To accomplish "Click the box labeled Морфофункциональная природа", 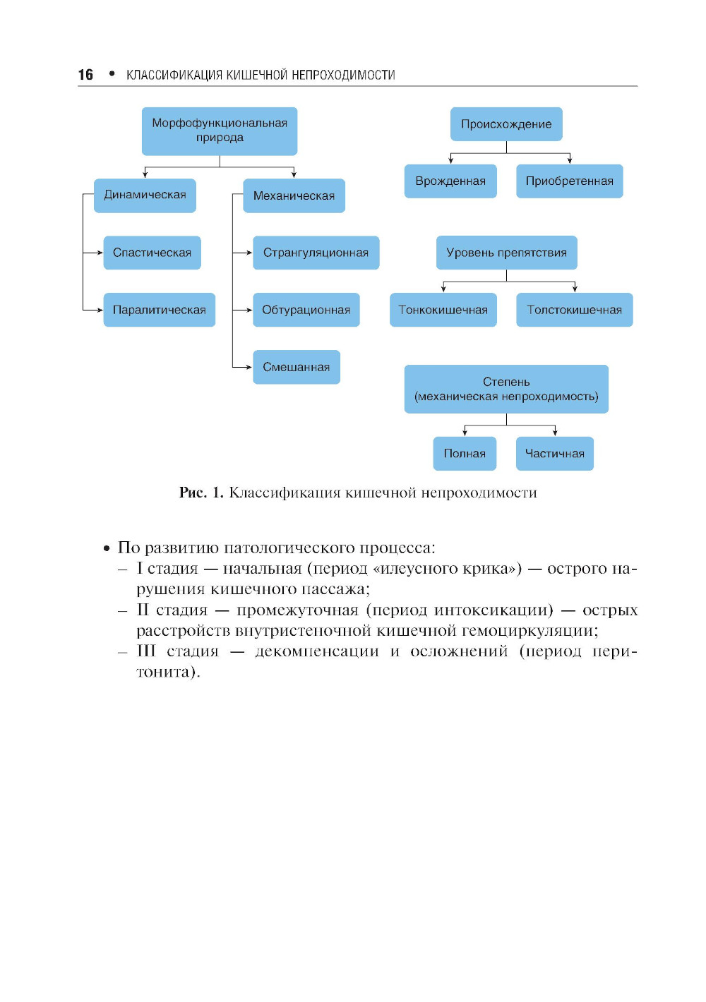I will coord(220,131).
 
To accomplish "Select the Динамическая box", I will coord(145,195).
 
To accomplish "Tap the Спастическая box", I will coord(152,253).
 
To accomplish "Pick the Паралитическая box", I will coord(159,310).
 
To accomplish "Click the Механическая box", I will coord(294,195).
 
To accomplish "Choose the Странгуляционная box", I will coord(316,253).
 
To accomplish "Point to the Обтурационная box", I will coord(306,310).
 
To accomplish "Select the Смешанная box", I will coord(296,367).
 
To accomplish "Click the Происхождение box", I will coord(506,124).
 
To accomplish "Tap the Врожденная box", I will coord(450,181).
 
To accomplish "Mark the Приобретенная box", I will coord(569,181).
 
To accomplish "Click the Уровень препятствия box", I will coord(506,253).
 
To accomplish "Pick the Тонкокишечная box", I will coord(443,310).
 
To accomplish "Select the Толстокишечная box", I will coord(574,310).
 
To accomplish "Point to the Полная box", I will coord(465,453).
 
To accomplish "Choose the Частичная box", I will coord(554,453).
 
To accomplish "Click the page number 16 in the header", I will coord(85,75).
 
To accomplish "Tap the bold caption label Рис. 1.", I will coord(201,493).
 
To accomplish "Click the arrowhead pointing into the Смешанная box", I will coord(249,367).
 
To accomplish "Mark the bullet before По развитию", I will coord(107,548).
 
